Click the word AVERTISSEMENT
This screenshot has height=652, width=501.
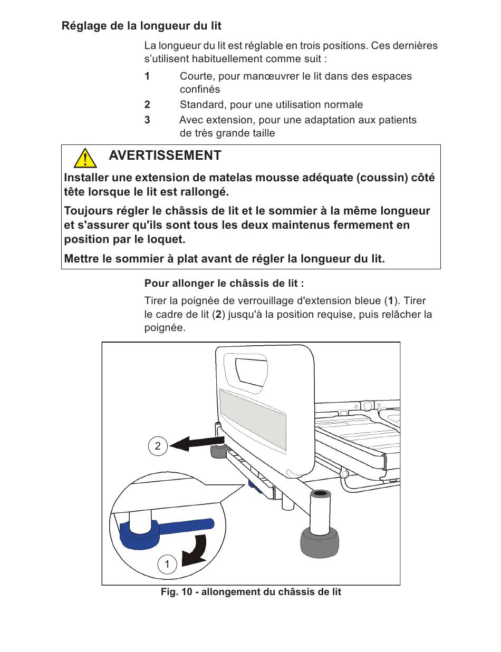pyautogui.click(x=165, y=155)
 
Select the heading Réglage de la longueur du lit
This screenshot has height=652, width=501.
pyautogui.click(x=141, y=26)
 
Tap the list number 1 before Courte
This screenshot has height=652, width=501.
pyautogui.click(x=148, y=76)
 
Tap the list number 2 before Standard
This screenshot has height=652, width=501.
pyautogui.click(x=148, y=105)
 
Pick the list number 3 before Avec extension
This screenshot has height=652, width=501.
pyautogui.click(x=148, y=120)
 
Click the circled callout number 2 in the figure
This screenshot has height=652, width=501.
pyautogui.click(x=157, y=446)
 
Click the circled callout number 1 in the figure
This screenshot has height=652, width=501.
pyautogui.click(x=167, y=565)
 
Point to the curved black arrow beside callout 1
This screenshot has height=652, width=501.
pyautogui.click(x=195, y=551)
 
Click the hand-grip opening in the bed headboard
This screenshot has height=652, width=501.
pyautogui.click(x=250, y=371)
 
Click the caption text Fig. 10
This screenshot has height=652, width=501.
pyautogui.click(x=176, y=592)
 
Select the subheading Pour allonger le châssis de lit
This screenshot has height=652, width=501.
pyautogui.click(x=224, y=284)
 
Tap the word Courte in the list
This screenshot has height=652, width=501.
pyautogui.click(x=195, y=76)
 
